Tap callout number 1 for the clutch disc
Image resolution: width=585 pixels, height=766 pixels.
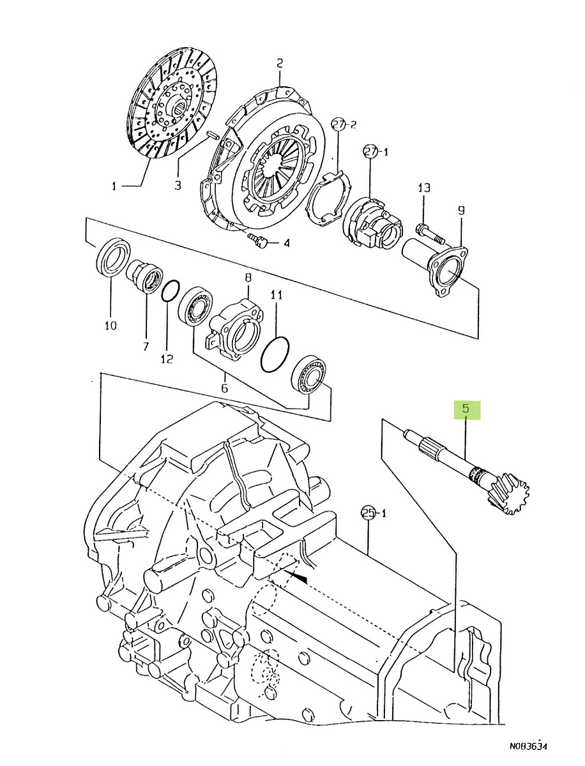(114, 186)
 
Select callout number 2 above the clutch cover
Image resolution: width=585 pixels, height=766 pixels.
(280, 63)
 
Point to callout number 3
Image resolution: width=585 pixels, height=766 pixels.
(178, 185)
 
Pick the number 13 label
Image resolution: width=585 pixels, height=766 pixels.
(424, 188)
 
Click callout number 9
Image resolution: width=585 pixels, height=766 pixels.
(461, 211)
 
